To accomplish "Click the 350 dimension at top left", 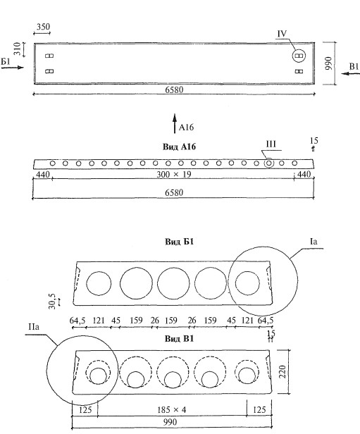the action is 44,27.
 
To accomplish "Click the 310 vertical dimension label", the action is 18,49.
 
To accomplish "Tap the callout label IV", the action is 282,34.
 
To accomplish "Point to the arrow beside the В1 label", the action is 350,73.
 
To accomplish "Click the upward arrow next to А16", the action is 175,123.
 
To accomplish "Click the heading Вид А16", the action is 179,147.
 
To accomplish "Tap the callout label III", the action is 271,144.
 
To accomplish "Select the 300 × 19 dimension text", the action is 174,175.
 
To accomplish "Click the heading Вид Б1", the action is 179,242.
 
